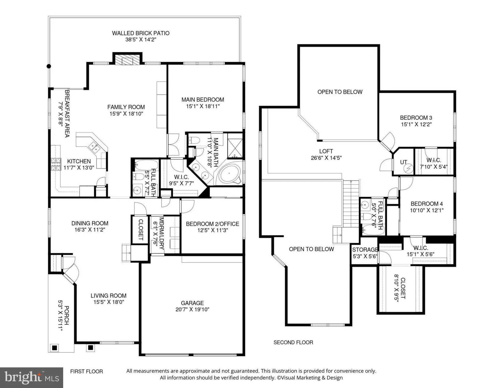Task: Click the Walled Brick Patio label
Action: (x=141, y=33)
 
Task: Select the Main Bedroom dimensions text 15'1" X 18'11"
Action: (x=203, y=106)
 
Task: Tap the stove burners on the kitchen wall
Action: (x=56, y=164)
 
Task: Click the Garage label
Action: (x=192, y=303)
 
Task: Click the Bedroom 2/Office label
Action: (x=212, y=224)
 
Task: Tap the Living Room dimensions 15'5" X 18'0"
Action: (x=109, y=302)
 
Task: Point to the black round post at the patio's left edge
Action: (x=49, y=66)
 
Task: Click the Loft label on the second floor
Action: (x=326, y=151)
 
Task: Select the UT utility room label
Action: (x=403, y=162)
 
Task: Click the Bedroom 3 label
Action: (x=416, y=118)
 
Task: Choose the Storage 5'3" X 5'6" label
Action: (x=365, y=253)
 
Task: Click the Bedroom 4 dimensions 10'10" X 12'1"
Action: (x=427, y=211)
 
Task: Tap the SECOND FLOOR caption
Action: (x=293, y=342)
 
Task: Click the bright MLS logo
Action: (x=32, y=378)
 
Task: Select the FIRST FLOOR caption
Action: (x=87, y=371)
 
